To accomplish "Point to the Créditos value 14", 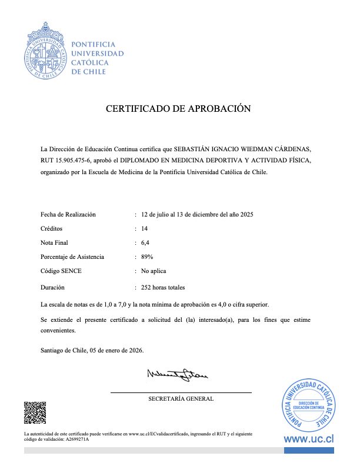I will click(145, 228).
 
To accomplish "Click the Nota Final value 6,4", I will click(145, 242).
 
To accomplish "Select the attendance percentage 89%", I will click(147, 257).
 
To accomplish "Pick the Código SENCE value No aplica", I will click(154, 271).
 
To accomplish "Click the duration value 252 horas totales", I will click(163, 288).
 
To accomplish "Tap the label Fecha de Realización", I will click(68, 214).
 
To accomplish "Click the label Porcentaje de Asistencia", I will click(72, 257).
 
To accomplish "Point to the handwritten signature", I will click(177, 374).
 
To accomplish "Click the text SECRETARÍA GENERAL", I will click(181, 399).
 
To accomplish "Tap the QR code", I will click(35, 412).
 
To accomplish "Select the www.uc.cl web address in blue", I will click(309, 439).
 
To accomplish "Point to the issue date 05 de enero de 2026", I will click(116, 350).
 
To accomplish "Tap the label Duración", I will click(52, 288).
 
